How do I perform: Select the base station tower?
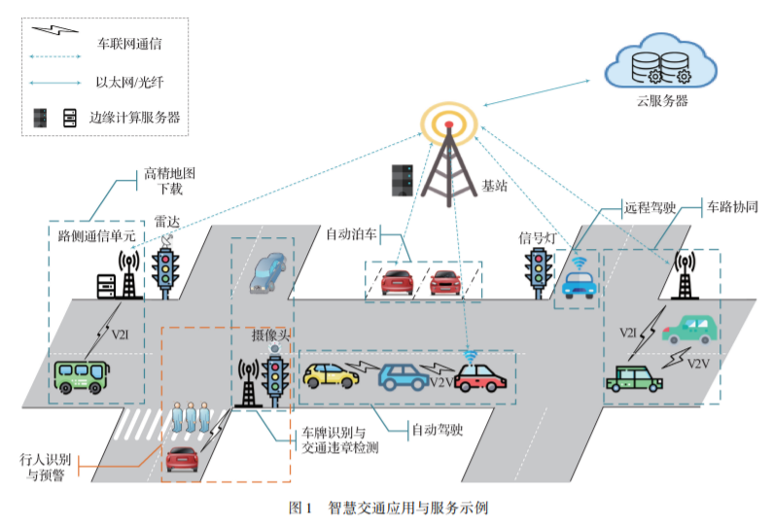(x=448, y=160)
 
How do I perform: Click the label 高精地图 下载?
(x=170, y=182)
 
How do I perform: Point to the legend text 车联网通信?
(x=129, y=44)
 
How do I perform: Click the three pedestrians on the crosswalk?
(x=190, y=418)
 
